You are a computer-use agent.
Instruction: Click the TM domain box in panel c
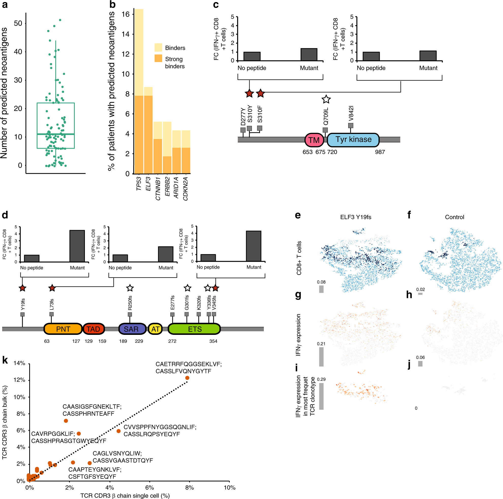click(314, 140)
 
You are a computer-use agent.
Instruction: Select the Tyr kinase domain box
click(353, 140)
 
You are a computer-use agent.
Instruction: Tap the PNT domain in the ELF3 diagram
click(63, 329)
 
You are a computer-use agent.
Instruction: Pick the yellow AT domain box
click(155, 329)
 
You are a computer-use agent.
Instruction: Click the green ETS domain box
click(194, 329)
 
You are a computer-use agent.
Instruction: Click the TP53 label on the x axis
click(139, 183)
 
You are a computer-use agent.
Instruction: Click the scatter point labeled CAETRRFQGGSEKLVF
click(187, 378)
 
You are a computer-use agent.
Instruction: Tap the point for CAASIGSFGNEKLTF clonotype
click(66, 421)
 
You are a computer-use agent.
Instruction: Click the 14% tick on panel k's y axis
click(19, 363)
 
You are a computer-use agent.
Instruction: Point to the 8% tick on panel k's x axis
click(190, 488)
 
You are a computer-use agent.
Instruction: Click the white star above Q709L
click(326, 99)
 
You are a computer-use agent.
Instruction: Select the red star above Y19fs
click(22, 288)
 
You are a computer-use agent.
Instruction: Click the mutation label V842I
click(351, 113)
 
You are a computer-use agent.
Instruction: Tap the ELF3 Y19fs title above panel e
click(355, 217)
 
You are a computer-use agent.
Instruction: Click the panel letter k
click(5, 360)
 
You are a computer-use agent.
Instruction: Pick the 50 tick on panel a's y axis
click(18, 23)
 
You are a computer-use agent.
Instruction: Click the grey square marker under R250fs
click(130, 315)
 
